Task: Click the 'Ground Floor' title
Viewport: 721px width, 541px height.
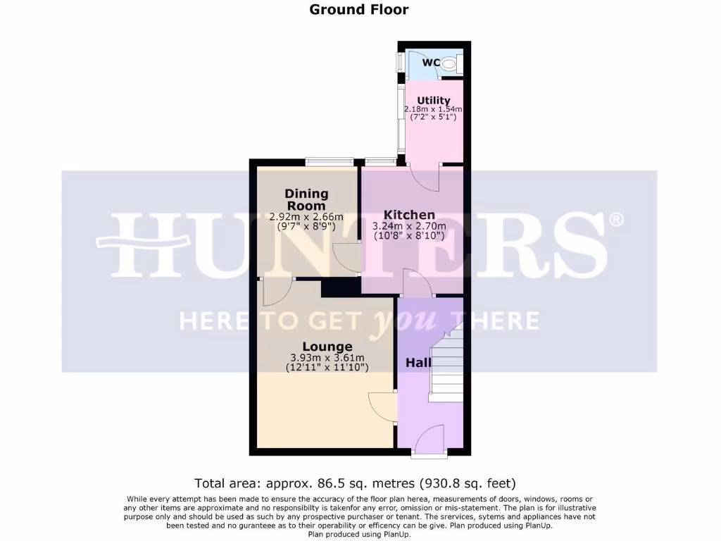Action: [x=359, y=9]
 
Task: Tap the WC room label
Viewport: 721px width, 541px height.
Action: [x=431, y=63]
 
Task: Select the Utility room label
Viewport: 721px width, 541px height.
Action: [x=434, y=101]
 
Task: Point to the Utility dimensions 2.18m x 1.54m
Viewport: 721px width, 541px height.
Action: [x=434, y=109]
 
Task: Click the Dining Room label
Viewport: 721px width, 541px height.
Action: [x=306, y=199]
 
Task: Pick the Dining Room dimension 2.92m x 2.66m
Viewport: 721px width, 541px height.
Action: [x=306, y=217]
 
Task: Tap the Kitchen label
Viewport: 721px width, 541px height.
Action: [x=409, y=215]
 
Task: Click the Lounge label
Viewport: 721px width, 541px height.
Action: [x=327, y=347]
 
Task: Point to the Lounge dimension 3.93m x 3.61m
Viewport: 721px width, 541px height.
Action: [x=327, y=357]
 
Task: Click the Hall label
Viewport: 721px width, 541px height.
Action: [x=418, y=363]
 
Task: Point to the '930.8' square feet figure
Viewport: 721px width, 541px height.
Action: [x=442, y=483]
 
